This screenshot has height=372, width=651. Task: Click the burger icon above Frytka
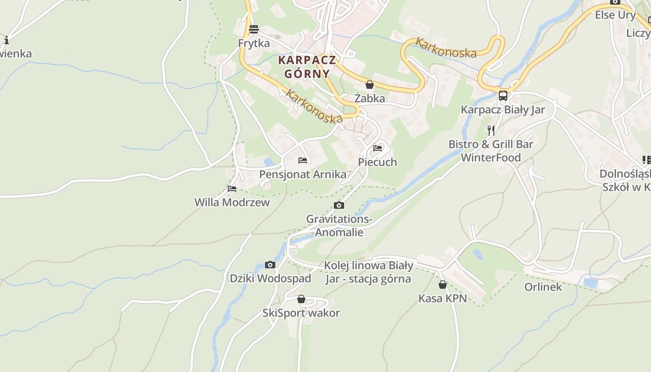tap(254, 29)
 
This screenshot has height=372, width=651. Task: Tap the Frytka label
tap(254, 43)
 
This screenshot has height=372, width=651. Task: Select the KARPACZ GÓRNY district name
tap(306, 67)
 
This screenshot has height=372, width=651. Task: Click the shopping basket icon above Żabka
tap(370, 85)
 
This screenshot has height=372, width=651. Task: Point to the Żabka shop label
tap(370, 98)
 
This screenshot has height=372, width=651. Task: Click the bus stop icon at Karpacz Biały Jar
tap(503, 96)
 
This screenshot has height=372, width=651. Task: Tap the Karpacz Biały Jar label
tap(503, 110)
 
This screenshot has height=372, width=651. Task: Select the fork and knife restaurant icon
tap(491, 130)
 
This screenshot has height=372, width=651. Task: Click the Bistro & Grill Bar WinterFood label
tap(491, 151)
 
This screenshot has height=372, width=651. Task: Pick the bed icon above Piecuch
tap(378, 148)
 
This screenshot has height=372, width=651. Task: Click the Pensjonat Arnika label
tap(303, 174)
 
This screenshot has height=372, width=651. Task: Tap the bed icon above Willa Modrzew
tap(232, 189)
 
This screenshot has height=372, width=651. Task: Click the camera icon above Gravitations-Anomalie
tap(339, 206)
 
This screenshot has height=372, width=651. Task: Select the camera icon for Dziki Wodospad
tap(270, 265)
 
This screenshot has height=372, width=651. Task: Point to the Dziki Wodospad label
tap(270, 279)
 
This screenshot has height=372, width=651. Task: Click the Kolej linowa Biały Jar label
tap(368, 272)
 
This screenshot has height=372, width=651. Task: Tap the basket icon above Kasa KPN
tap(443, 285)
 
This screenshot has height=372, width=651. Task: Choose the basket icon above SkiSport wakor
tap(301, 299)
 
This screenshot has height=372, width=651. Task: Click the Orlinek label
tap(543, 287)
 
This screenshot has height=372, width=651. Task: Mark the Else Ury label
tap(615, 15)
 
